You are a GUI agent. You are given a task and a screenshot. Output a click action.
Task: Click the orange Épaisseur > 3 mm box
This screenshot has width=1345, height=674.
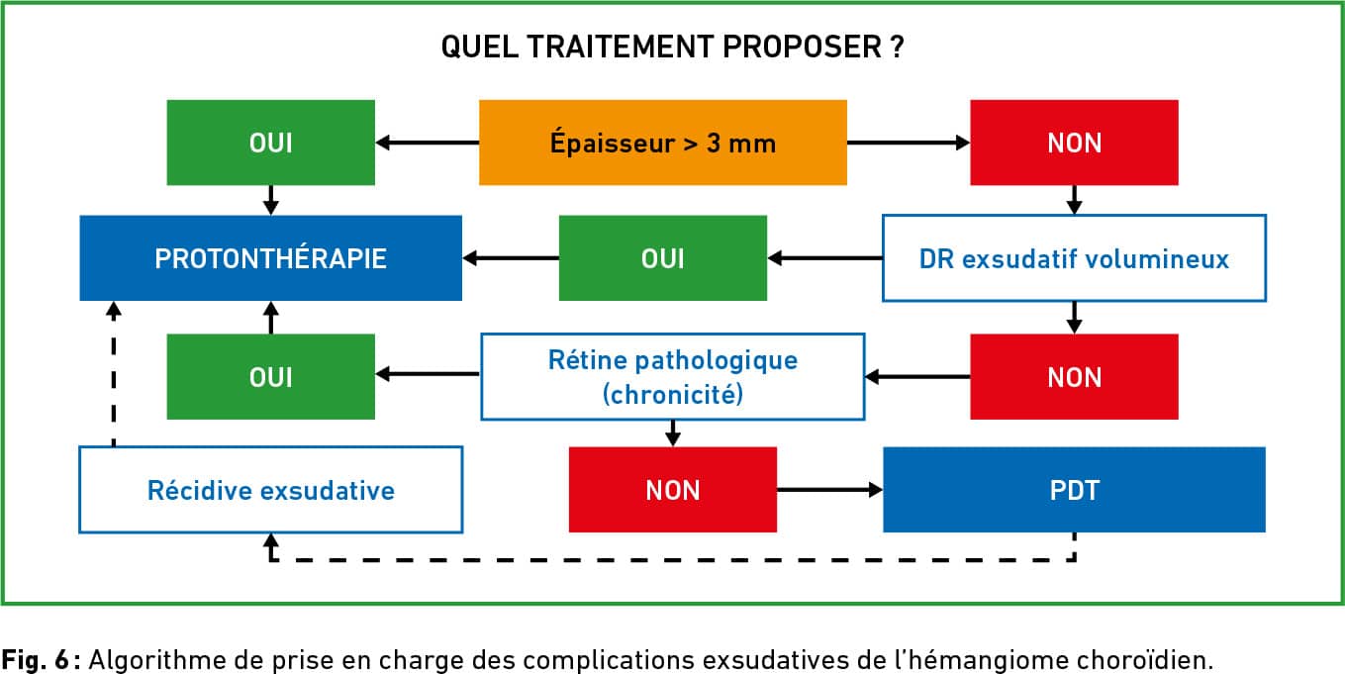click(x=663, y=143)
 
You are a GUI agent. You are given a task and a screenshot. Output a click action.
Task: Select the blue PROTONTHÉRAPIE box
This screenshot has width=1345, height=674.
click(x=271, y=258)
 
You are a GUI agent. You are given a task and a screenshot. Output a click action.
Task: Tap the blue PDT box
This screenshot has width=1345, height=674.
click(x=1074, y=490)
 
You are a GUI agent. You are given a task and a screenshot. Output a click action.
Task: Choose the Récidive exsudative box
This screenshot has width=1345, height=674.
click(x=271, y=490)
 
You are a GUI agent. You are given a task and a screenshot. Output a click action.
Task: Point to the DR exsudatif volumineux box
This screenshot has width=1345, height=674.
click(x=1074, y=258)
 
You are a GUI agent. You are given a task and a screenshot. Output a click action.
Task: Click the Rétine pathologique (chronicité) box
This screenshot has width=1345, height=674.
click(x=673, y=377)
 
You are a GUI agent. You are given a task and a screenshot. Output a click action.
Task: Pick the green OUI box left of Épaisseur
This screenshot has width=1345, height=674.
click(x=271, y=143)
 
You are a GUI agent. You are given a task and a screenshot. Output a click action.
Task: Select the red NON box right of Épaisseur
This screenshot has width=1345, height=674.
click(x=1074, y=143)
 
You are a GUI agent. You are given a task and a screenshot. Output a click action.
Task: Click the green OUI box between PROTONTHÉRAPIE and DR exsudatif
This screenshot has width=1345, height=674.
click(x=663, y=258)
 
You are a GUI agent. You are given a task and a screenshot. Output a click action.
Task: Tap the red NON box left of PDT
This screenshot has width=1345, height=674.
click(x=673, y=490)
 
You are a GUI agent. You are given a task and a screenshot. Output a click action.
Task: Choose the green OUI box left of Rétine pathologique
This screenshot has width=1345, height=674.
click(x=271, y=377)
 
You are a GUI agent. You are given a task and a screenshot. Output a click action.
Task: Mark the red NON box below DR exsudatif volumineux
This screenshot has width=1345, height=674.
click(x=1074, y=377)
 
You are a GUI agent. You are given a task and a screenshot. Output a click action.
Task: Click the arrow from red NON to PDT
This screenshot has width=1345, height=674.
click(x=829, y=490)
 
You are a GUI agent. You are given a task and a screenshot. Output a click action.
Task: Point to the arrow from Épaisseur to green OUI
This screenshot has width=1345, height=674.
click(x=428, y=143)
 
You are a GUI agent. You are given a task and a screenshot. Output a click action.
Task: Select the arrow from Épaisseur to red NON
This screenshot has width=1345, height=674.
click(x=909, y=143)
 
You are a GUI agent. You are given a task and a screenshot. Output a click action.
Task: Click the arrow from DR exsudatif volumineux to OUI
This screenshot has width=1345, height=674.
click(x=825, y=258)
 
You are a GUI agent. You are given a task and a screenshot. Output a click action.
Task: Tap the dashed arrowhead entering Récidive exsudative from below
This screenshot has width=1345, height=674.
click(x=271, y=539)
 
